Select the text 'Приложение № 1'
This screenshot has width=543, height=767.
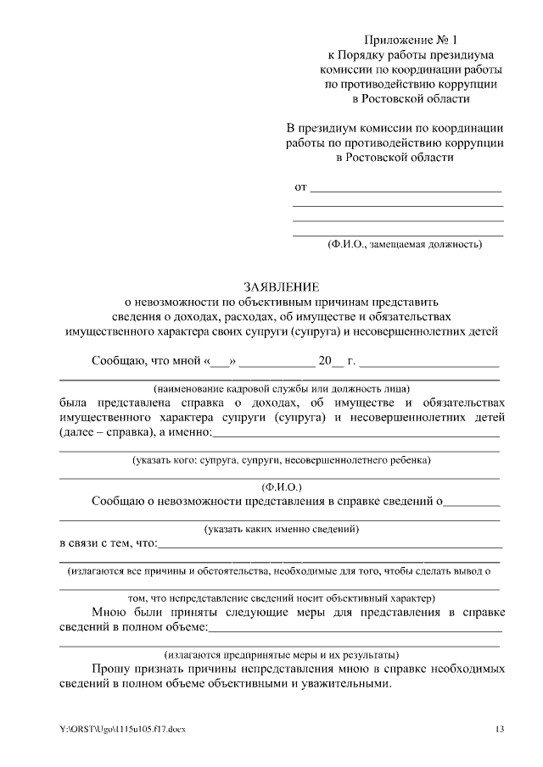pos(411,41)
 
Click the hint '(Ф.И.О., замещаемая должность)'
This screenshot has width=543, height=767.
pos(405,244)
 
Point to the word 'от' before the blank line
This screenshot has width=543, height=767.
pos(299,186)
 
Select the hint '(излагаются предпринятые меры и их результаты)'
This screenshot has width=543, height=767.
pos(281,655)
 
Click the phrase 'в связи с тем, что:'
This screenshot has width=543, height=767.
pos(108,542)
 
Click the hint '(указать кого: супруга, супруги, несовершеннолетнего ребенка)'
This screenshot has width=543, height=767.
pos(281,459)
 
